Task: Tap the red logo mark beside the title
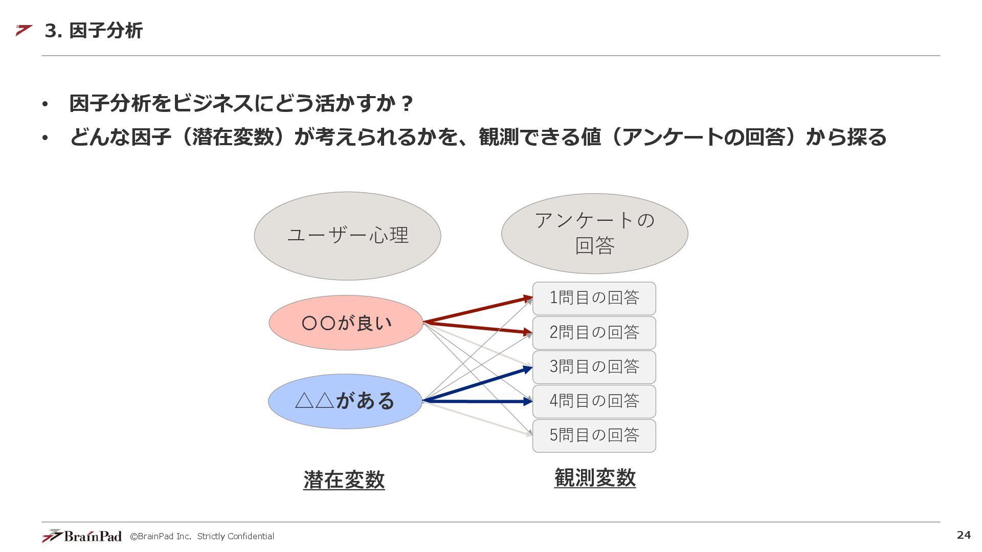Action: (x=24, y=30)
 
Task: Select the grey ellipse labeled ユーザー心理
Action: (x=347, y=236)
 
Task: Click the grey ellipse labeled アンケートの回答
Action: (x=594, y=234)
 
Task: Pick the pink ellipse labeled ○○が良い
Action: (x=346, y=323)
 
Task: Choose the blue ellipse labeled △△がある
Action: (x=345, y=401)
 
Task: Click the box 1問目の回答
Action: (x=594, y=298)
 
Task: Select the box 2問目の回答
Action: (x=594, y=333)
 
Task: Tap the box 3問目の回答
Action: (x=594, y=367)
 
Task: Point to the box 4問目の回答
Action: (x=594, y=401)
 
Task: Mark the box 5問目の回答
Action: (x=594, y=435)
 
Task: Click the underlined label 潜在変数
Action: (x=344, y=479)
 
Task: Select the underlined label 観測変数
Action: (x=595, y=477)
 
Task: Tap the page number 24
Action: (x=964, y=535)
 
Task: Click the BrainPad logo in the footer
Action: (x=82, y=536)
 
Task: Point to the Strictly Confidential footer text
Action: (x=235, y=536)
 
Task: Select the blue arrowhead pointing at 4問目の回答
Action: (x=527, y=402)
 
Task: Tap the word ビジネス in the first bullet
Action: (x=212, y=103)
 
